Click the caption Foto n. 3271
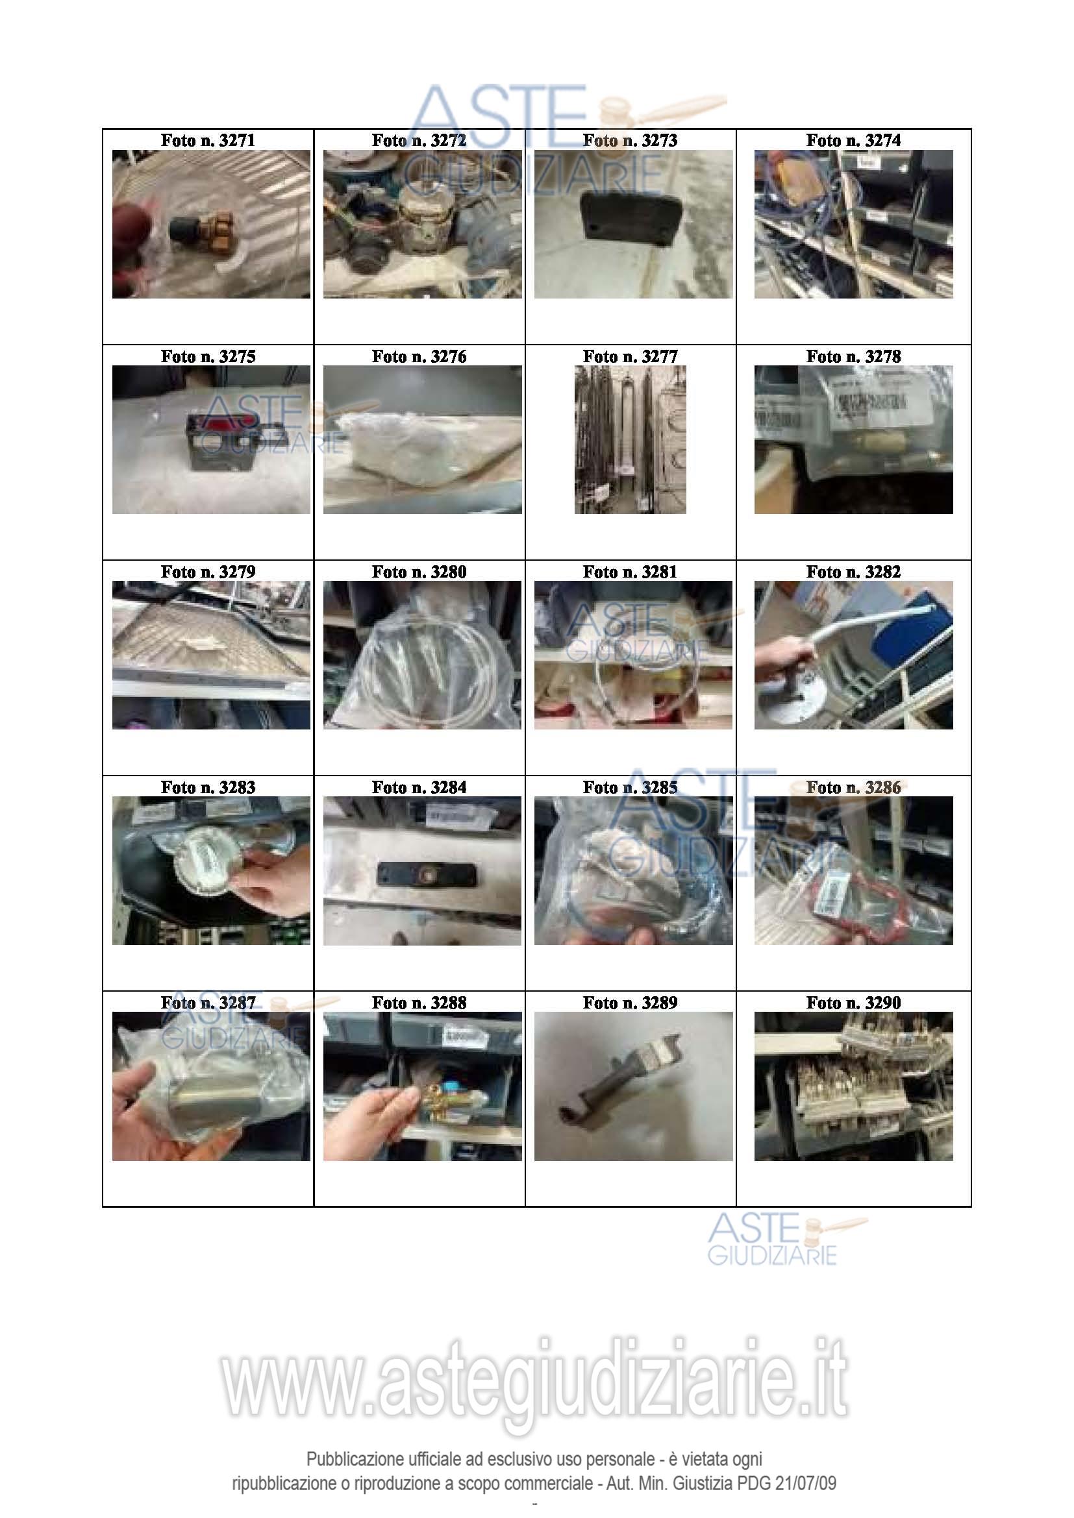coord(208,140)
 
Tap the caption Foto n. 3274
coord(853,140)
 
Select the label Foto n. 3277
coord(631,356)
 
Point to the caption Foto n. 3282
coord(853,572)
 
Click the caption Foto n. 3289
coord(631,1003)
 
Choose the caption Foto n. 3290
coord(853,1003)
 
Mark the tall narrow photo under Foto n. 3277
coord(631,439)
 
